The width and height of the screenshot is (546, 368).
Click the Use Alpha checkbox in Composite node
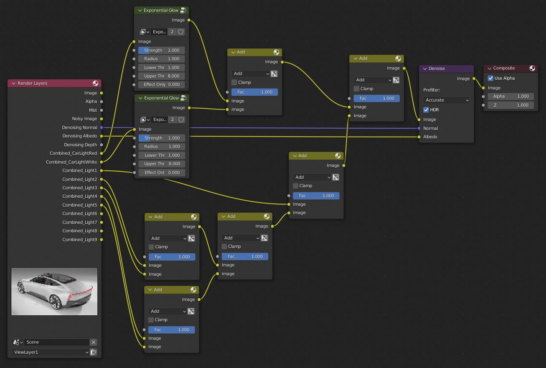click(x=490, y=78)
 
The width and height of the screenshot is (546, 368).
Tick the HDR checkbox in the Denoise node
click(x=426, y=110)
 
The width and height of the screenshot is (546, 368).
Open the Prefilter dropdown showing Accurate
click(x=446, y=100)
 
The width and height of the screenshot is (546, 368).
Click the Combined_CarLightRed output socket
click(x=101, y=153)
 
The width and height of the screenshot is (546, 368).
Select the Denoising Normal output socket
click(x=101, y=127)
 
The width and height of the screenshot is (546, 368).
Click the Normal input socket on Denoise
click(x=419, y=128)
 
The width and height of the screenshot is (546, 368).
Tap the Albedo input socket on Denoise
click(x=419, y=137)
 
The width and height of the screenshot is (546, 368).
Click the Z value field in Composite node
click(x=511, y=105)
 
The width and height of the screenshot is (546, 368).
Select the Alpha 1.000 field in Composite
click(x=511, y=97)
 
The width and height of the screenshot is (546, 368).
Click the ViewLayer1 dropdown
click(x=50, y=352)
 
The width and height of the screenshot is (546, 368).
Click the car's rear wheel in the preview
click(x=56, y=302)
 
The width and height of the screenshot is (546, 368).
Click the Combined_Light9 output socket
click(x=101, y=239)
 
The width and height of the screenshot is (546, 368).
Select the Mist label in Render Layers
click(x=93, y=110)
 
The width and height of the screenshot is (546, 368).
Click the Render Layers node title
click(x=32, y=83)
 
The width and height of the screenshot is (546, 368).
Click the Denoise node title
click(x=436, y=68)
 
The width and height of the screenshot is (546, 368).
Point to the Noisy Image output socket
click(x=101, y=119)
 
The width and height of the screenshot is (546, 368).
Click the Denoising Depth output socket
click(x=101, y=145)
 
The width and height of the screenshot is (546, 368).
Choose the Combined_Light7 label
click(x=80, y=222)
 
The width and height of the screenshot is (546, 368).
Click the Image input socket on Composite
click(x=483, y=88)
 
